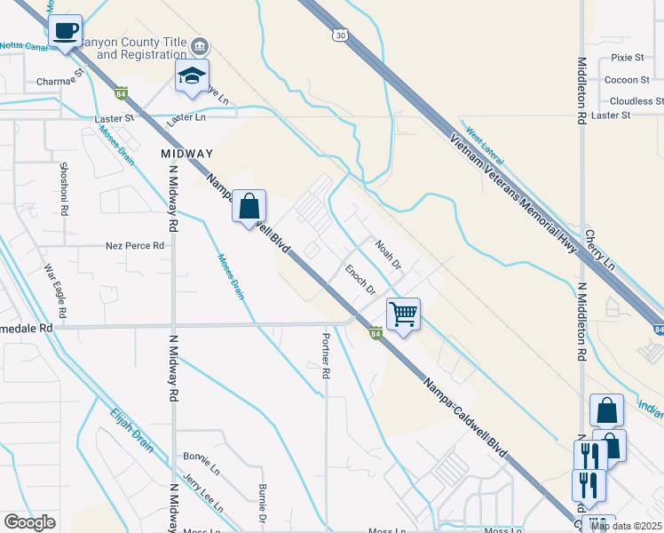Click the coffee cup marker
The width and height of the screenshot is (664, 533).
pos(65,31)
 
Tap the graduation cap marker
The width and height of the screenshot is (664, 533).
pos(191,76)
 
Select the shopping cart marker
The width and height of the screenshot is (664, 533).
pos(403,314)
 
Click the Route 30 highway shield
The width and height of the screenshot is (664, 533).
pos(340,35)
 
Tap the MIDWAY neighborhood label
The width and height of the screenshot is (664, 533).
pos(188,154)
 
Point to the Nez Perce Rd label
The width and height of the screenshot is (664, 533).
pos(135,245)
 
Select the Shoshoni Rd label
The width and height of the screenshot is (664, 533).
pos(64,190)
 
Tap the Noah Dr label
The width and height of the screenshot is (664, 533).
pos(389,254)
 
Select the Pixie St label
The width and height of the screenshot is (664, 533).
pos(627,57)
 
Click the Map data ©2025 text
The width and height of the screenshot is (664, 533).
pos(625,526)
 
